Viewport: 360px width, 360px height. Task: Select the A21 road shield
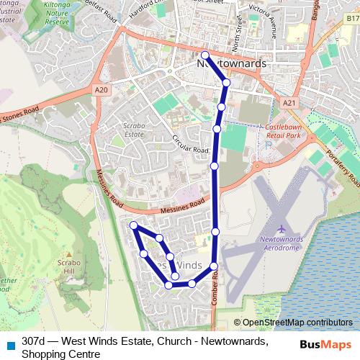289,104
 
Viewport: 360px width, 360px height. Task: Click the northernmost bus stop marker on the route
204,55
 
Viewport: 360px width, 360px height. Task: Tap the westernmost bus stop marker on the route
134,226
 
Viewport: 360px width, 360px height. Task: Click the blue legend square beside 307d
9,341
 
